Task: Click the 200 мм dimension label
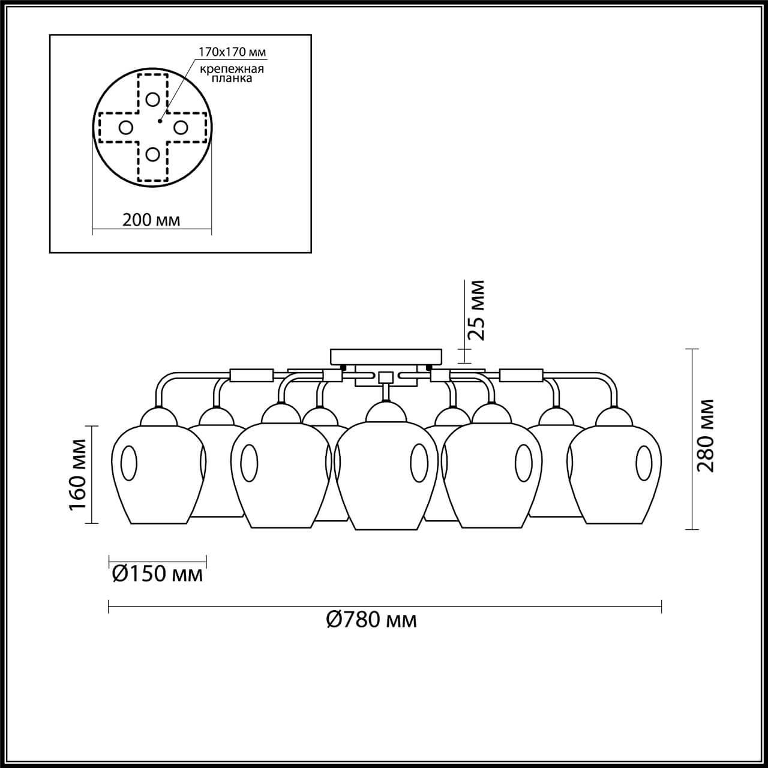(151, 220)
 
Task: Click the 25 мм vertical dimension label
(476, 310)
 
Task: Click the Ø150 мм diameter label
(157, 574)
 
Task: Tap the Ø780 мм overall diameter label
(372, 619)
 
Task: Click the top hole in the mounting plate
(153, 100)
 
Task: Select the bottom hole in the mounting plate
(153, 154)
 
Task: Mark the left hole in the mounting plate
(125, 127)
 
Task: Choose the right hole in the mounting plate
(181, 127)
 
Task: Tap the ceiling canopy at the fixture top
(386, 356)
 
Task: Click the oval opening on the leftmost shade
(129, 464)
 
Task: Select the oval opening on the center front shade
(419, 463)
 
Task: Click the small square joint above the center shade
(385, 377)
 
